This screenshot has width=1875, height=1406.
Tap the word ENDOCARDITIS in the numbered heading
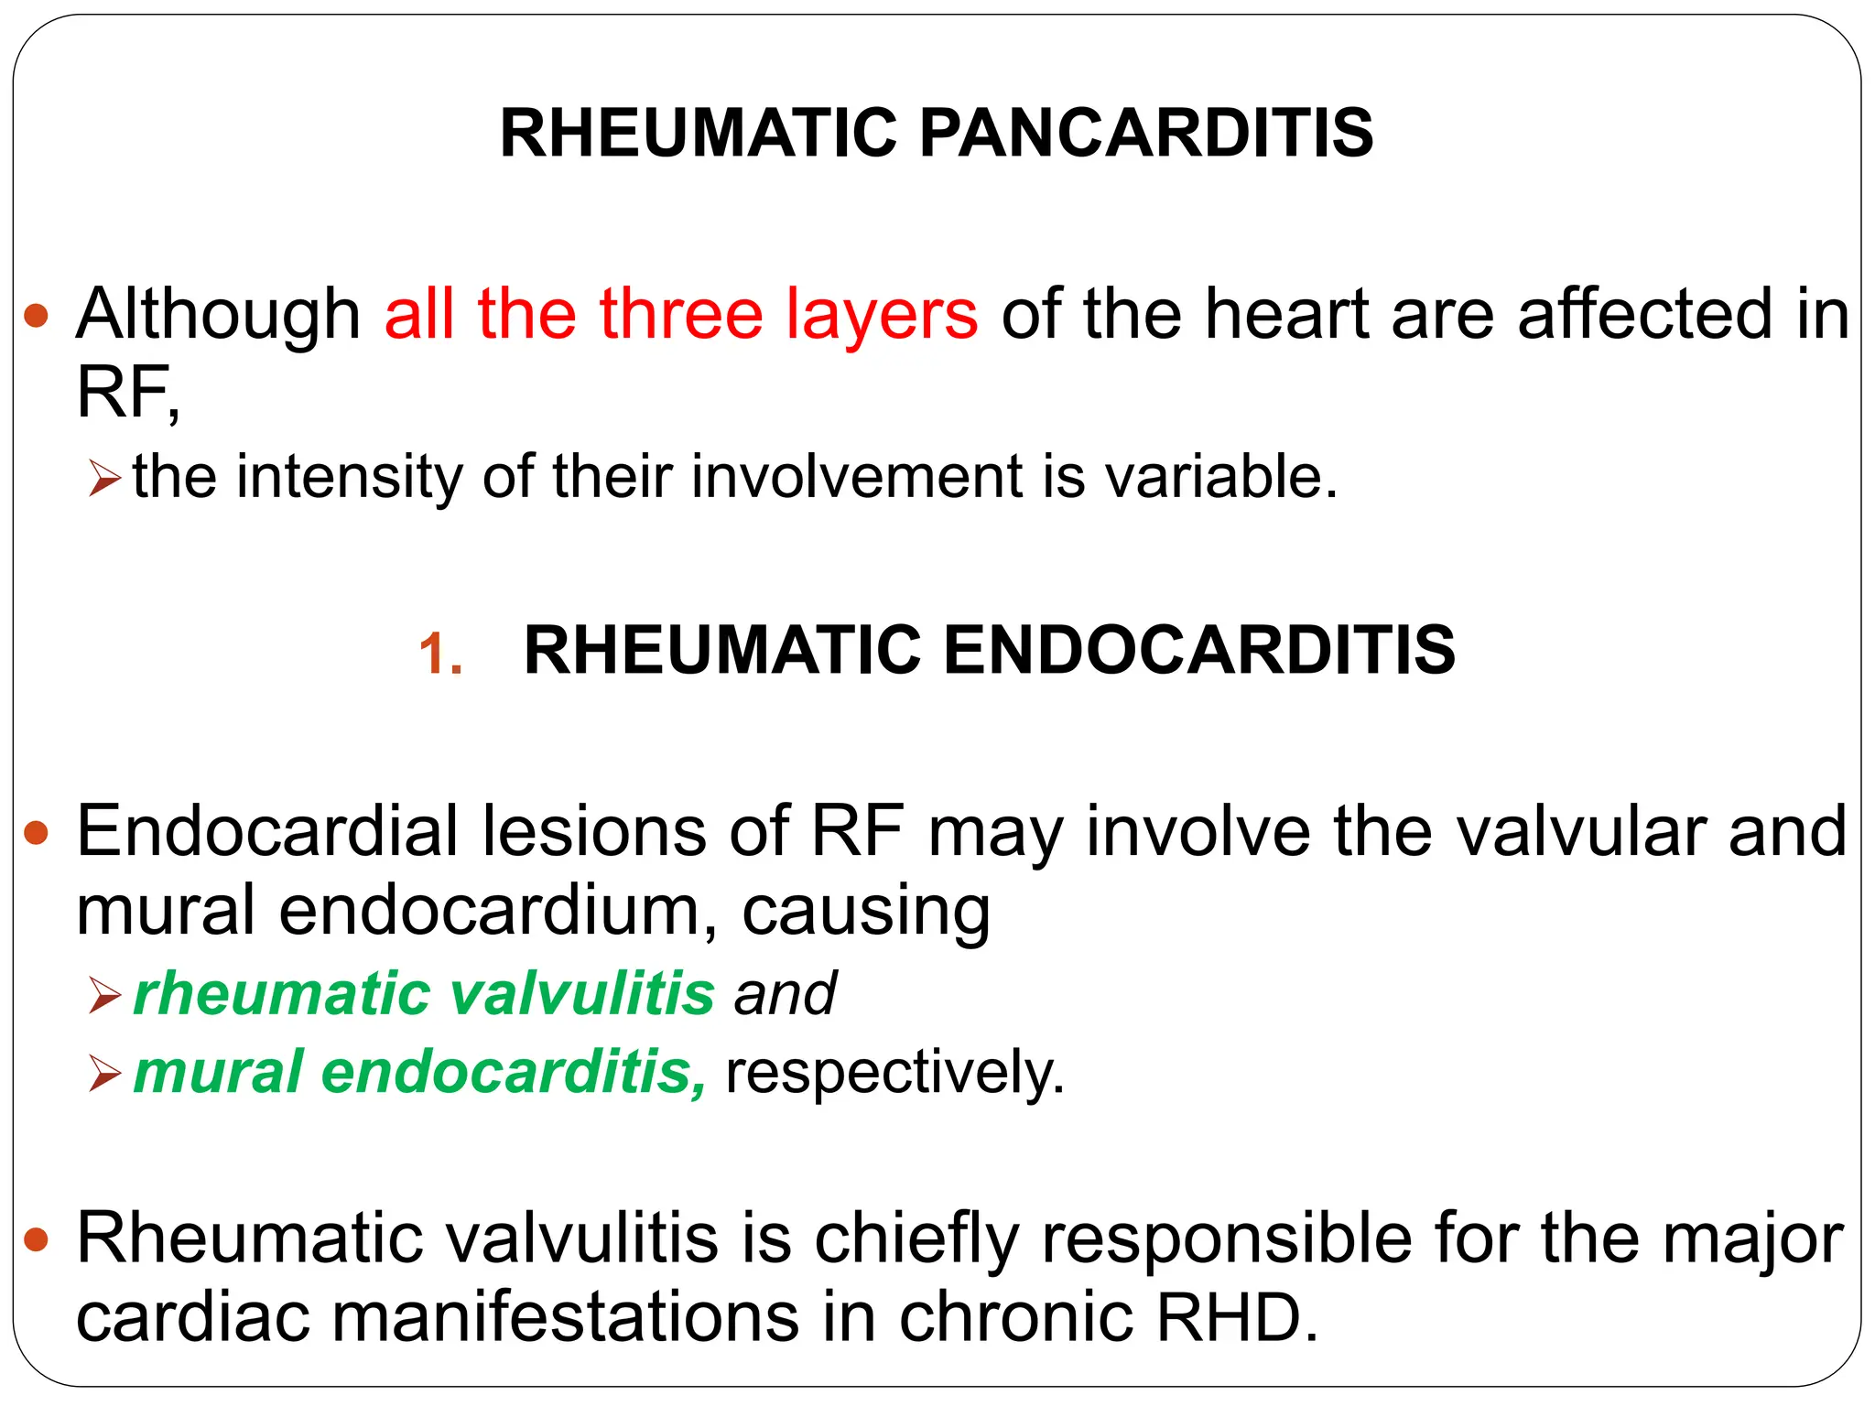coord(1198,651)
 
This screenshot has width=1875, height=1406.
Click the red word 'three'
coord(681,314)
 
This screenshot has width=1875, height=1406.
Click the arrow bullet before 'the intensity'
coord(104,478)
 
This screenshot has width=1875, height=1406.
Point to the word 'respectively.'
coord(895,1074)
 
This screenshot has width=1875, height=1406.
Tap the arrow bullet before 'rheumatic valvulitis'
coord(104,995)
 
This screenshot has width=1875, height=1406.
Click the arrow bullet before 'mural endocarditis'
coord(104,1073)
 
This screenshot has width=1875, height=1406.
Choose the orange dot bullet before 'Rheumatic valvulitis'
coord(37,1240)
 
